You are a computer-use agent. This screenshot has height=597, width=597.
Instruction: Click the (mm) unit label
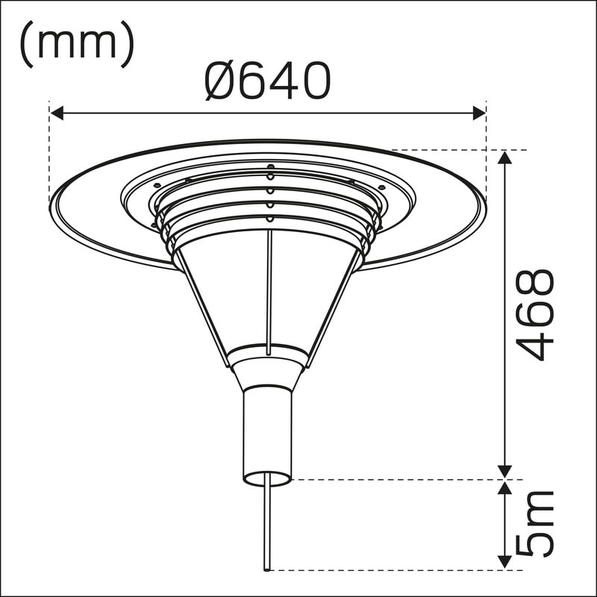(77, 44)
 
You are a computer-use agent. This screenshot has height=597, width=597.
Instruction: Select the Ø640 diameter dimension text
(267, 81)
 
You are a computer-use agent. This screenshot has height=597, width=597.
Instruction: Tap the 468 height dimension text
(534, 315)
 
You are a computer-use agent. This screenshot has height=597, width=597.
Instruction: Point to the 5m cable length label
(534, 525)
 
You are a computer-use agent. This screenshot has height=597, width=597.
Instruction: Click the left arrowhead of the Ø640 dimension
(57, 113)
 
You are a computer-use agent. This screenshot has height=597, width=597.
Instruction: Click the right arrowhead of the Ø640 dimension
(479, 113)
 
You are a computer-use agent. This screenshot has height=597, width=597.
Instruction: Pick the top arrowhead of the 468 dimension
(505, 157)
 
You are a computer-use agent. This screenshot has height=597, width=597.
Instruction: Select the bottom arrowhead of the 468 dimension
(505, 472)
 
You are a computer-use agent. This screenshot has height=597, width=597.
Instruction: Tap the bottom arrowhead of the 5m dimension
(505, 563)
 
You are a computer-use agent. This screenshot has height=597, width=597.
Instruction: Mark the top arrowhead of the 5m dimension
(505, 488)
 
